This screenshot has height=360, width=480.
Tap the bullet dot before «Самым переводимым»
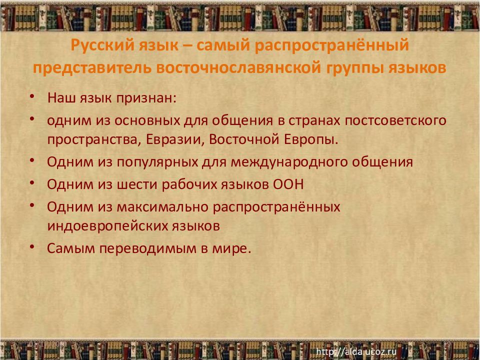click(x=32, y=247)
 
